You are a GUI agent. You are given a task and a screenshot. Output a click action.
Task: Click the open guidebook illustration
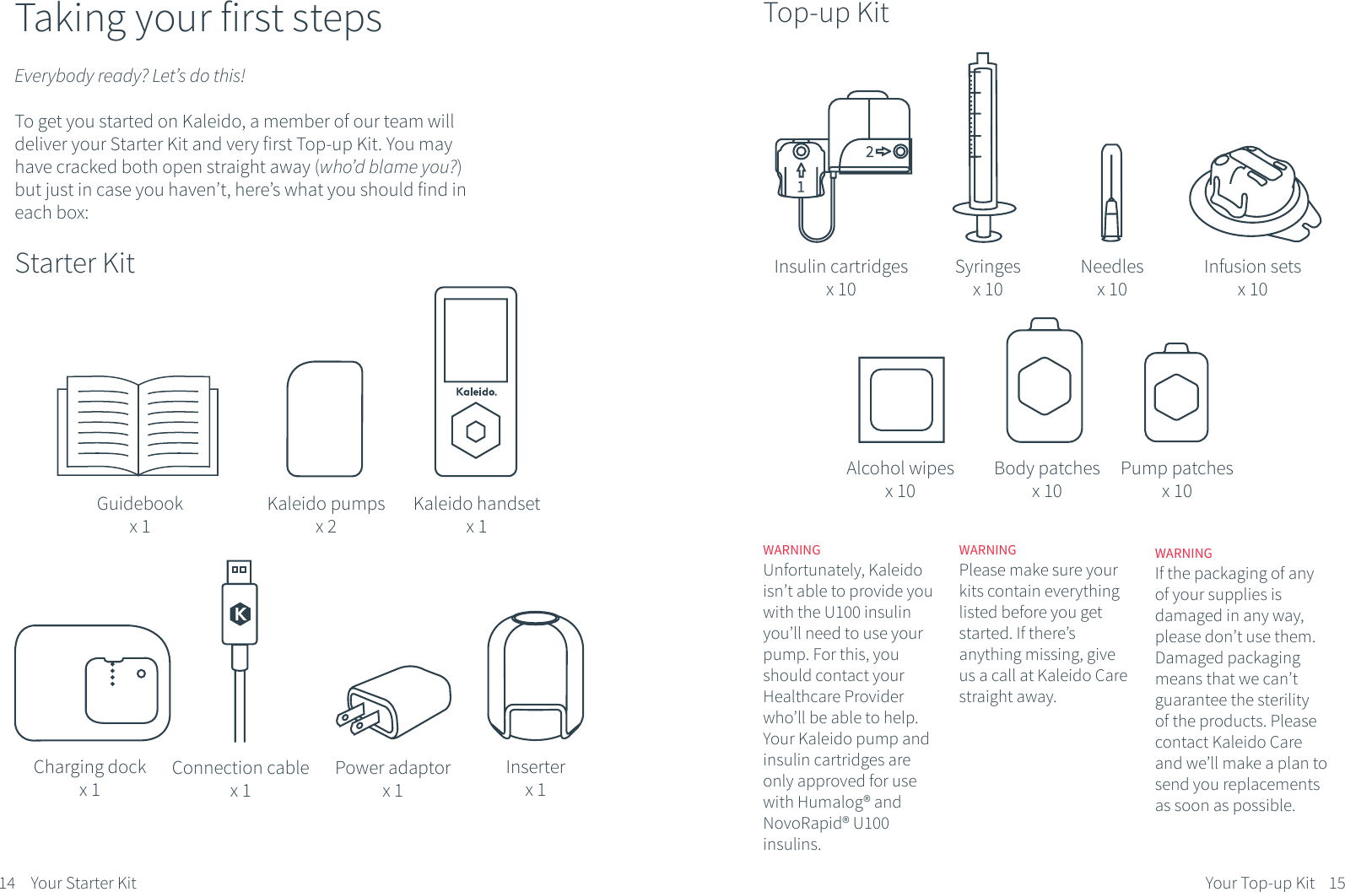(138, 426)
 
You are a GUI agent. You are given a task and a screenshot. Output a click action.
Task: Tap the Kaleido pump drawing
(325, 419)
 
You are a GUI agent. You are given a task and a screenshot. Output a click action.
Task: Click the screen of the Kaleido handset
(476, 340)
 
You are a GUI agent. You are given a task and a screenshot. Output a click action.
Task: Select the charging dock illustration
(93, 683)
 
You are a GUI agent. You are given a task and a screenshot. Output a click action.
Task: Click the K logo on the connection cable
(240, 614)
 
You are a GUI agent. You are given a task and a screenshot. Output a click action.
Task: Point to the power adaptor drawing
(394, 701)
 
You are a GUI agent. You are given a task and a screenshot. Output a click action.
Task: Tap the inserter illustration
(536, 676)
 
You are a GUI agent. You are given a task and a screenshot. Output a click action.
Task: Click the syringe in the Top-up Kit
(984, 147)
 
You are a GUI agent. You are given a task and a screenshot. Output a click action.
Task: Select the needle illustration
(1111, 192)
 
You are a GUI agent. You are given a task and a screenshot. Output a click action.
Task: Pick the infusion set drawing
(1255, 193)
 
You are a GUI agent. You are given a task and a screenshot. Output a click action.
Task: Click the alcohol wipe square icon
(901, 399)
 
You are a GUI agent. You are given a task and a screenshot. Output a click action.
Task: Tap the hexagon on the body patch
(1045, 386)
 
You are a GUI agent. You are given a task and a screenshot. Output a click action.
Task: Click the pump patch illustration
(1176, 392)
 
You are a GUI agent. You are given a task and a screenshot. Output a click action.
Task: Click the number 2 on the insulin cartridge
(869, 152)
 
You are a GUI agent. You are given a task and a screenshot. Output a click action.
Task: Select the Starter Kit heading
(75, 263)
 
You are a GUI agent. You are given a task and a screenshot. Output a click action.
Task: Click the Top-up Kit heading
(825, 14)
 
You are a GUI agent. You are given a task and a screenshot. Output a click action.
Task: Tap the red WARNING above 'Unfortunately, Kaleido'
(791, 549)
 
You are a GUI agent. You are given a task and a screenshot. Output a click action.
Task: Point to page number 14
(8, 883)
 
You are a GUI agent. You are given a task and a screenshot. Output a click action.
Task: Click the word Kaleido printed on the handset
(476, 392)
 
